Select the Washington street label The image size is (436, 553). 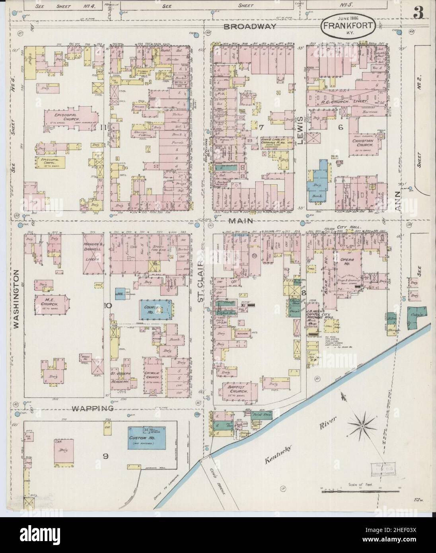(x=16, y=299)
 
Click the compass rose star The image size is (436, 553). (x=362, y=426)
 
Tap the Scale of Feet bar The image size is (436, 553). (x=360, y=492)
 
